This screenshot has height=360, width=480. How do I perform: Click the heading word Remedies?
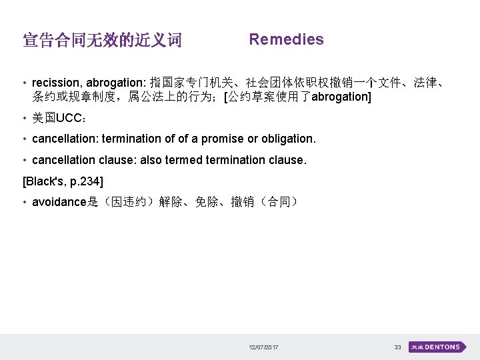tap(286, 39)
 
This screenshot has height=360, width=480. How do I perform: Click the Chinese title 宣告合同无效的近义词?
tap(102, 41)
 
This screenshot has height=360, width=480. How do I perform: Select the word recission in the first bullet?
tap(55, 83)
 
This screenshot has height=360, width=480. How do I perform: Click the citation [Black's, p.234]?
tap(63, 181)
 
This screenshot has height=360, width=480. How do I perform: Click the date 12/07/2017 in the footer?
tap(263, 347)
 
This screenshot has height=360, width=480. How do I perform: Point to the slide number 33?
tap(398, 347)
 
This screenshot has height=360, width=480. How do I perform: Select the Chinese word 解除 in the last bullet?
tap(171, 202)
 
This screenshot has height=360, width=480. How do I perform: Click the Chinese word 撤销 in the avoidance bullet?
tap(243, 202)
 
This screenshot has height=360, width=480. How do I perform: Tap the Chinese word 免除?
tap(207, 202)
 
